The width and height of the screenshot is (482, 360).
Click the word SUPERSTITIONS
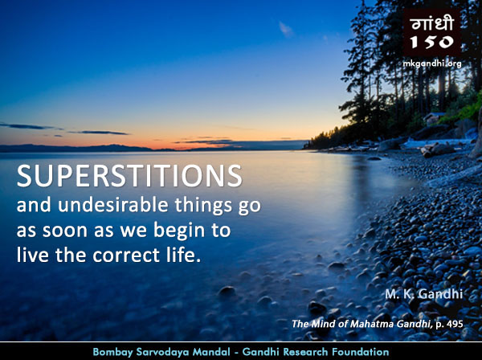(129, 175)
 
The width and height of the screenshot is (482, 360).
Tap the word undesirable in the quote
(113, 205)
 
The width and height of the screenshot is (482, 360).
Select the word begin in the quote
(179, 231)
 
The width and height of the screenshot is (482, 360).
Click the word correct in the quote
(126, 256)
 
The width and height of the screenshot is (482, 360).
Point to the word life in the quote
(182, 255)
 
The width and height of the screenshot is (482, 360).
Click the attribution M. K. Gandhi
(424, 294)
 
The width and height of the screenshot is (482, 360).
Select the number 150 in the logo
(432, 42)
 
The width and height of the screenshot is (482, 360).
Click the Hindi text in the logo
(432, 23)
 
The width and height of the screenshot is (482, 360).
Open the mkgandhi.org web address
(432, 63)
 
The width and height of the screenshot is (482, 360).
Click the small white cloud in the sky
(285, 29)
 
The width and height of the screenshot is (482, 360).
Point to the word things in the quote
(203, 206)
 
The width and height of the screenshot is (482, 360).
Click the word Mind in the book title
(320, 324)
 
